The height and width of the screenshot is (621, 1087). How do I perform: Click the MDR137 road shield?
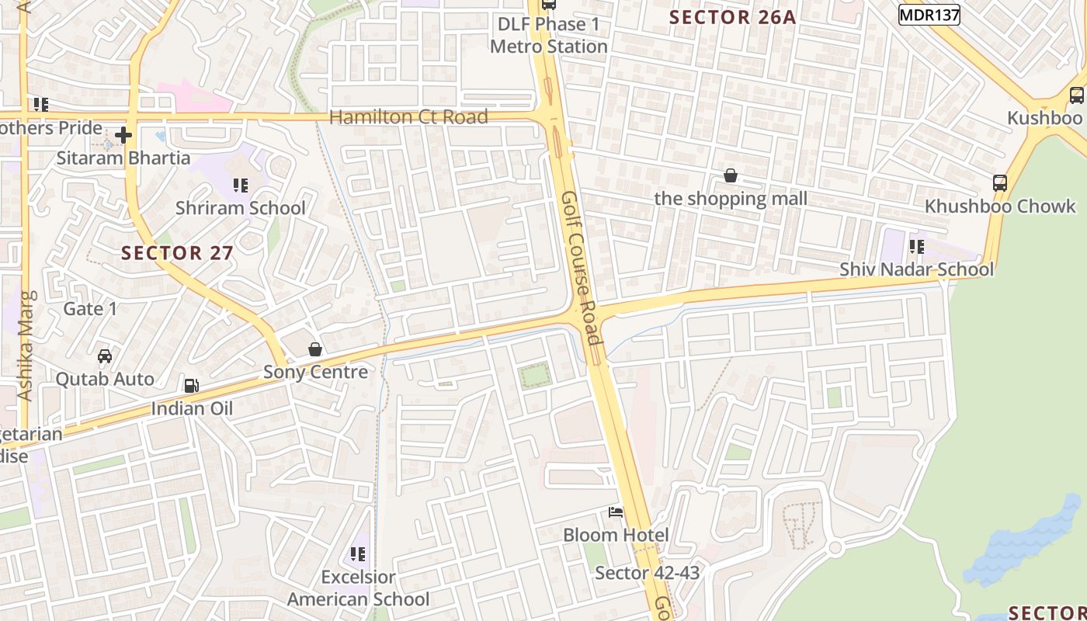[929, 15]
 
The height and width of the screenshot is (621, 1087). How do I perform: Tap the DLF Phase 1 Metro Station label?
[548, 36]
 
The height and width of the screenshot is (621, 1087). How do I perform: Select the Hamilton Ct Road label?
[408, 117]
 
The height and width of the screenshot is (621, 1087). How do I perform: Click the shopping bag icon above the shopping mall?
[731, 176]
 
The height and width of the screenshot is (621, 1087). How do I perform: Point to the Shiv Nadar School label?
[916, 269]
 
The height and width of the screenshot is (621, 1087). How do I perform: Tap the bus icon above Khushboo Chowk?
[1000, 183]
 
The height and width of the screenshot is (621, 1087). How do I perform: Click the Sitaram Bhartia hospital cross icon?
[123, 136]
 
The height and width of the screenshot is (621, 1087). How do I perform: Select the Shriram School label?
[240, 208]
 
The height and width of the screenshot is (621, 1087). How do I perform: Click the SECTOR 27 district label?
[177, 253]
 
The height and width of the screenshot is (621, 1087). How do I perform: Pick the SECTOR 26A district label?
[732, 17]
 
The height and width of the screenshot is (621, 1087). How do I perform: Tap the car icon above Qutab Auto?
[105, 356]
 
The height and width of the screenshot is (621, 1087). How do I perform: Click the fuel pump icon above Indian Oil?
[191, 386]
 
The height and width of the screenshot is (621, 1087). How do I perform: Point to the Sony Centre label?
[315, 372]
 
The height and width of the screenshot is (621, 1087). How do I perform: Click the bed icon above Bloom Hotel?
[616, 512]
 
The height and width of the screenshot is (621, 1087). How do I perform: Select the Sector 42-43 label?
[647, 573]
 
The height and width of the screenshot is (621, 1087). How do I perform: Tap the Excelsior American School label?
[358, 588]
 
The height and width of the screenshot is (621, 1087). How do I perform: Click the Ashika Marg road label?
[26, 345]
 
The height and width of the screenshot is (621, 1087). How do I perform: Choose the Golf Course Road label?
[582, 268]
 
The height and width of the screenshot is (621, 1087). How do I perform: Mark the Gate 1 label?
[90, 309]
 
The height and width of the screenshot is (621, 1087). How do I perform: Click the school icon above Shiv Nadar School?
[917, 247]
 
